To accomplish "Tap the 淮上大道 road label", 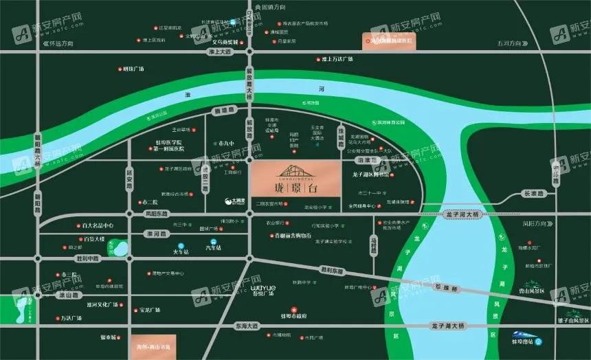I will [221, 52].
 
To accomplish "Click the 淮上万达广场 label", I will [336, 59].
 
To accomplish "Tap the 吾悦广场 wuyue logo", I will [262, 286].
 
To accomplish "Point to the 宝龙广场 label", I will [150, 310].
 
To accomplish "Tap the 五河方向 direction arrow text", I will [511, 43].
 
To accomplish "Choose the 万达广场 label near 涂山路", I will [71, 318].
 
